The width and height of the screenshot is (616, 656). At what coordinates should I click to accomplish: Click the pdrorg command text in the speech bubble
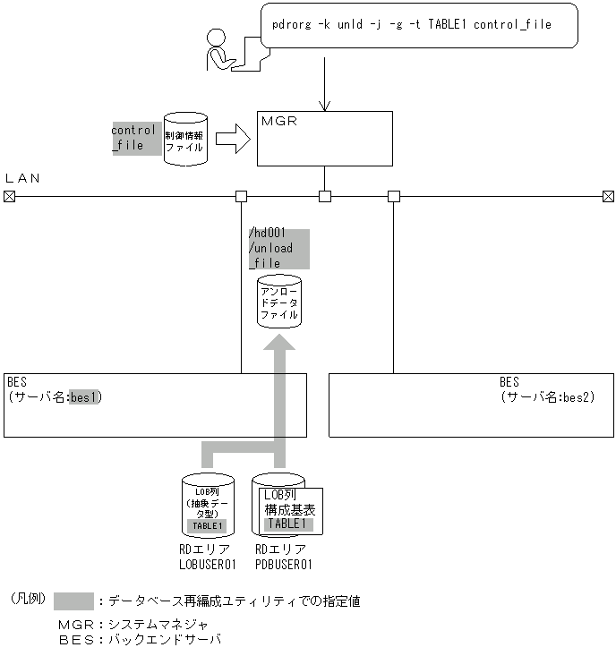(411, 25)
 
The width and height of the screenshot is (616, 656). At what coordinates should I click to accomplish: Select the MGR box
(324, 138)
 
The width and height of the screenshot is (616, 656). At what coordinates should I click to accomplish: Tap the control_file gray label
(134, 138)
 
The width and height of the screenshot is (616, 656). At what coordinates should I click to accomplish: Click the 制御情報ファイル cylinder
(185, 140)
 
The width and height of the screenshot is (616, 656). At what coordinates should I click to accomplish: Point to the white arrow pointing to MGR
(232, 140)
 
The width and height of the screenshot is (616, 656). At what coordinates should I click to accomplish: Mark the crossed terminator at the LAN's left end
(9, 196)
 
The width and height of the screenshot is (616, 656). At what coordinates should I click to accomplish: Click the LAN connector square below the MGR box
(325, 196)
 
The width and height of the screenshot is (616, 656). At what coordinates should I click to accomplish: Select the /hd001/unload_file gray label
(278, 249)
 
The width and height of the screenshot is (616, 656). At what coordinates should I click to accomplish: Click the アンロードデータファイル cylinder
(279, 303)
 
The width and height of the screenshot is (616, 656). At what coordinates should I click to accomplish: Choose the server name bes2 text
(577, 396)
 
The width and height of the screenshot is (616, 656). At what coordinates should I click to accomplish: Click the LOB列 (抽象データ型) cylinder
(207, 505)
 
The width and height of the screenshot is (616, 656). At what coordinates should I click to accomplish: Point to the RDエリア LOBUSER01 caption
(207, 557)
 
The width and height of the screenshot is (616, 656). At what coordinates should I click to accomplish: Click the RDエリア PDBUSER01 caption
(283, 557)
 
